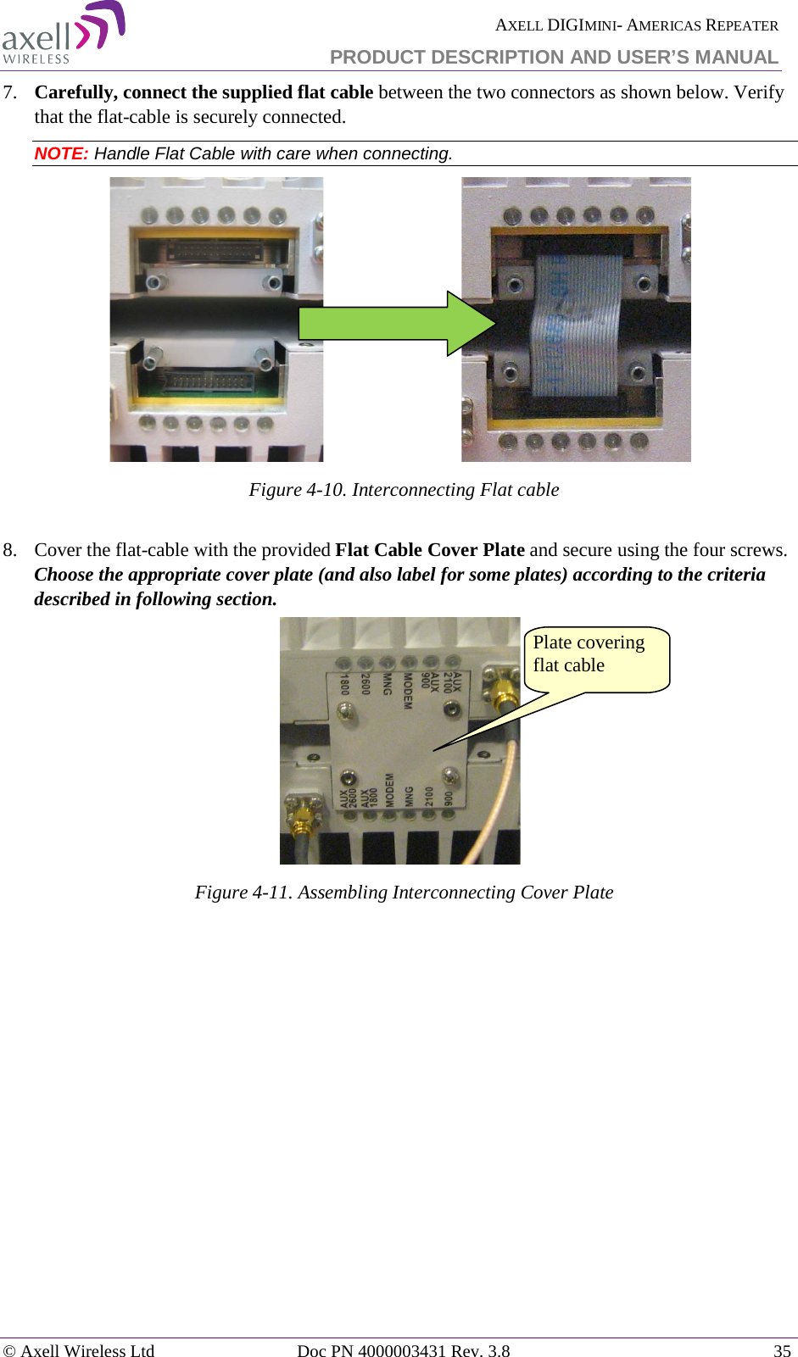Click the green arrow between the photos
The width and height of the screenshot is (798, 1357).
coord(394,324)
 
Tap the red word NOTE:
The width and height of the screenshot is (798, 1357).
coord(61,153)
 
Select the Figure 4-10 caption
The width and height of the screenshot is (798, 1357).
coord(404,490)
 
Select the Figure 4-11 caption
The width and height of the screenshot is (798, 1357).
coord(404,893)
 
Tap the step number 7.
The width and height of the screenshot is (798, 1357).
coord(10,92)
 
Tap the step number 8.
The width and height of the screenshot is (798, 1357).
coord(10,550)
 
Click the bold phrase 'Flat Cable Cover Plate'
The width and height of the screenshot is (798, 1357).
coord(429,550)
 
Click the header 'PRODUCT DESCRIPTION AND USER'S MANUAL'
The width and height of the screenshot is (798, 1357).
coord(553,57)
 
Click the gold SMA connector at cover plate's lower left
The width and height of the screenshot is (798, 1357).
coord(301,815)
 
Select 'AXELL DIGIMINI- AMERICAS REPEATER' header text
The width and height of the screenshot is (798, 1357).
coord(636,25)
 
